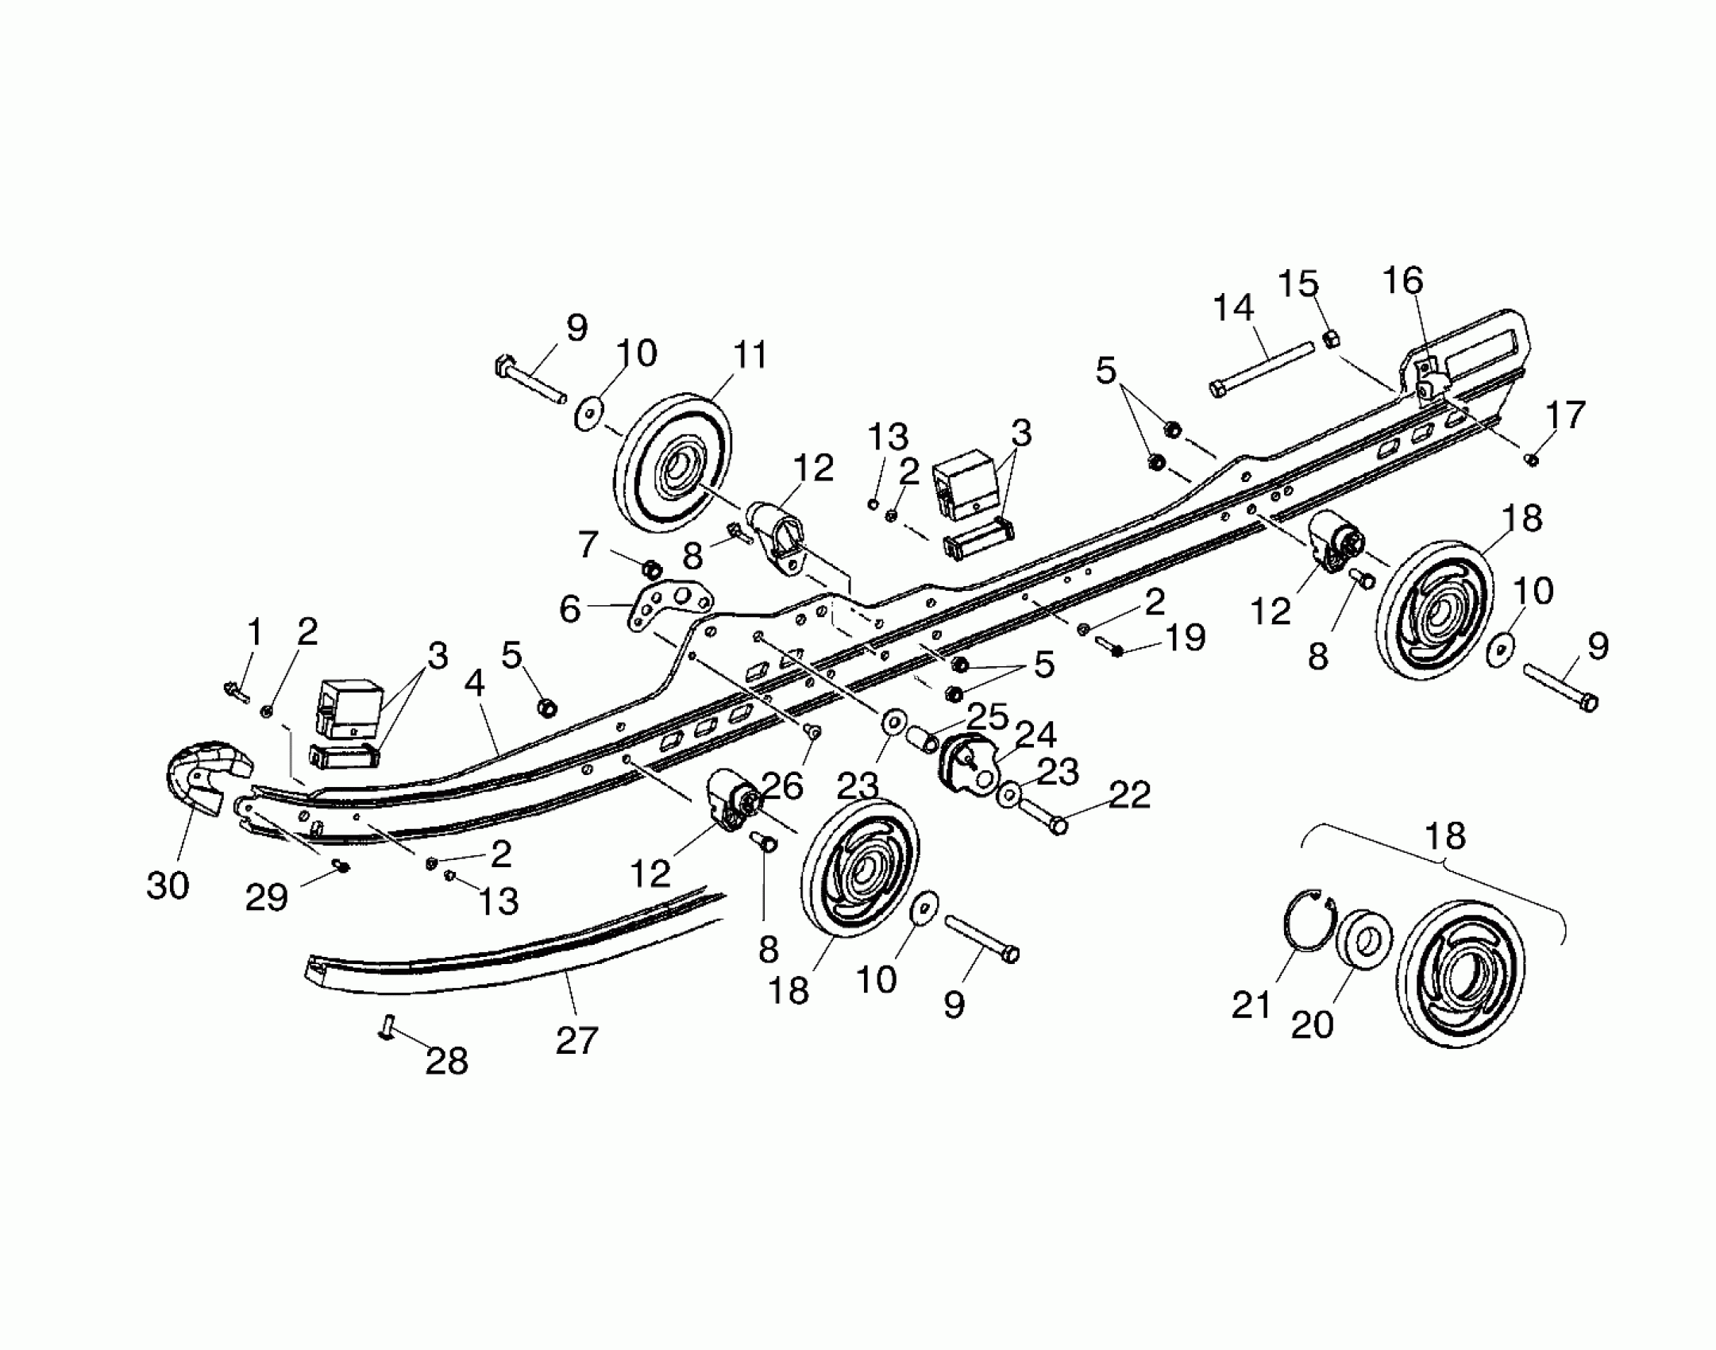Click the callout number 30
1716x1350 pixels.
click(168, 885)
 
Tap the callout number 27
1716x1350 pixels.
click(576, 1039)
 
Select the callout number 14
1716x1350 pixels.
click(1233, 308)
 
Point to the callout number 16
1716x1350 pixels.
click(1402, 281)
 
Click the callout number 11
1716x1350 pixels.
click(749, 355)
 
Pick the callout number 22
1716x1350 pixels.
click(1129, 795)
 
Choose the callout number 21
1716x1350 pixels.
click(1251, 1006)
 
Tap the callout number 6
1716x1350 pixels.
click(571, 610)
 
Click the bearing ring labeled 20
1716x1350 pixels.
click(1364, 939)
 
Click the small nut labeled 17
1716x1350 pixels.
click(1533, 459)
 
